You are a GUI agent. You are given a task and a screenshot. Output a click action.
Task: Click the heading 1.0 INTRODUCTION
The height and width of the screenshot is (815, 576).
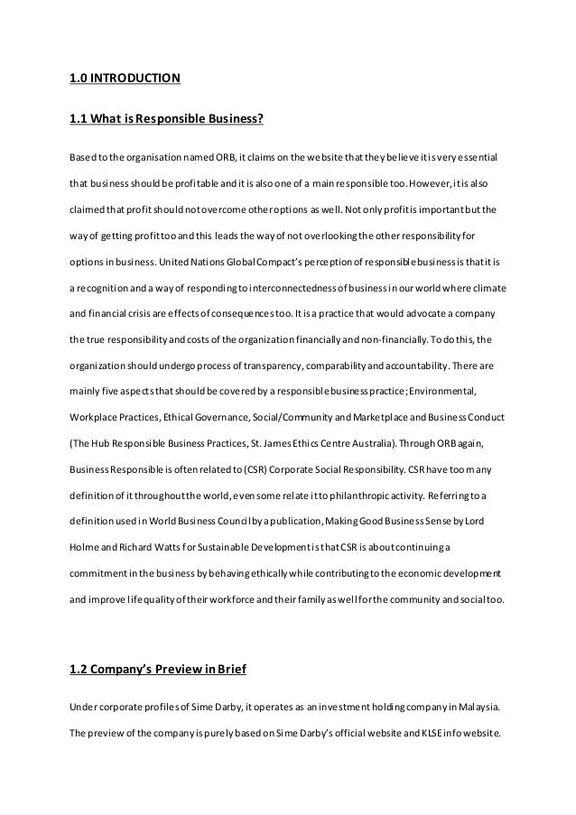coord(125,78)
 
